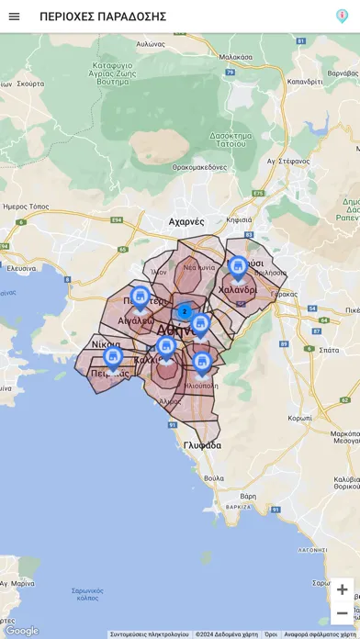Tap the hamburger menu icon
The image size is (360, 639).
14,17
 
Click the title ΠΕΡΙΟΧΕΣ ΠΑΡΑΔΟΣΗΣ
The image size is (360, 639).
103,17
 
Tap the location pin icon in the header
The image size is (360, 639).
342,17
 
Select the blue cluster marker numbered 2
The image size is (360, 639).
185,311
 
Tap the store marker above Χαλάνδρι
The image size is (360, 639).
238,267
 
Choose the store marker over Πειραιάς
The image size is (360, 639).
113,357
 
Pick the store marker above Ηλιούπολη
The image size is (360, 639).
202,363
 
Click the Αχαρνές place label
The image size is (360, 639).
186,221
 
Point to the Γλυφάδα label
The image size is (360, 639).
202,445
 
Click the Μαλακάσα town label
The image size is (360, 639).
236,57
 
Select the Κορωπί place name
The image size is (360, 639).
299,417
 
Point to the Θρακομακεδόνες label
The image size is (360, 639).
199,167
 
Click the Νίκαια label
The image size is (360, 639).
106,344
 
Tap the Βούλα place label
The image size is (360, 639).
213,477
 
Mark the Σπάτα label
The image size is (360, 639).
328,350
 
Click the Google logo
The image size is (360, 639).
22,631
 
